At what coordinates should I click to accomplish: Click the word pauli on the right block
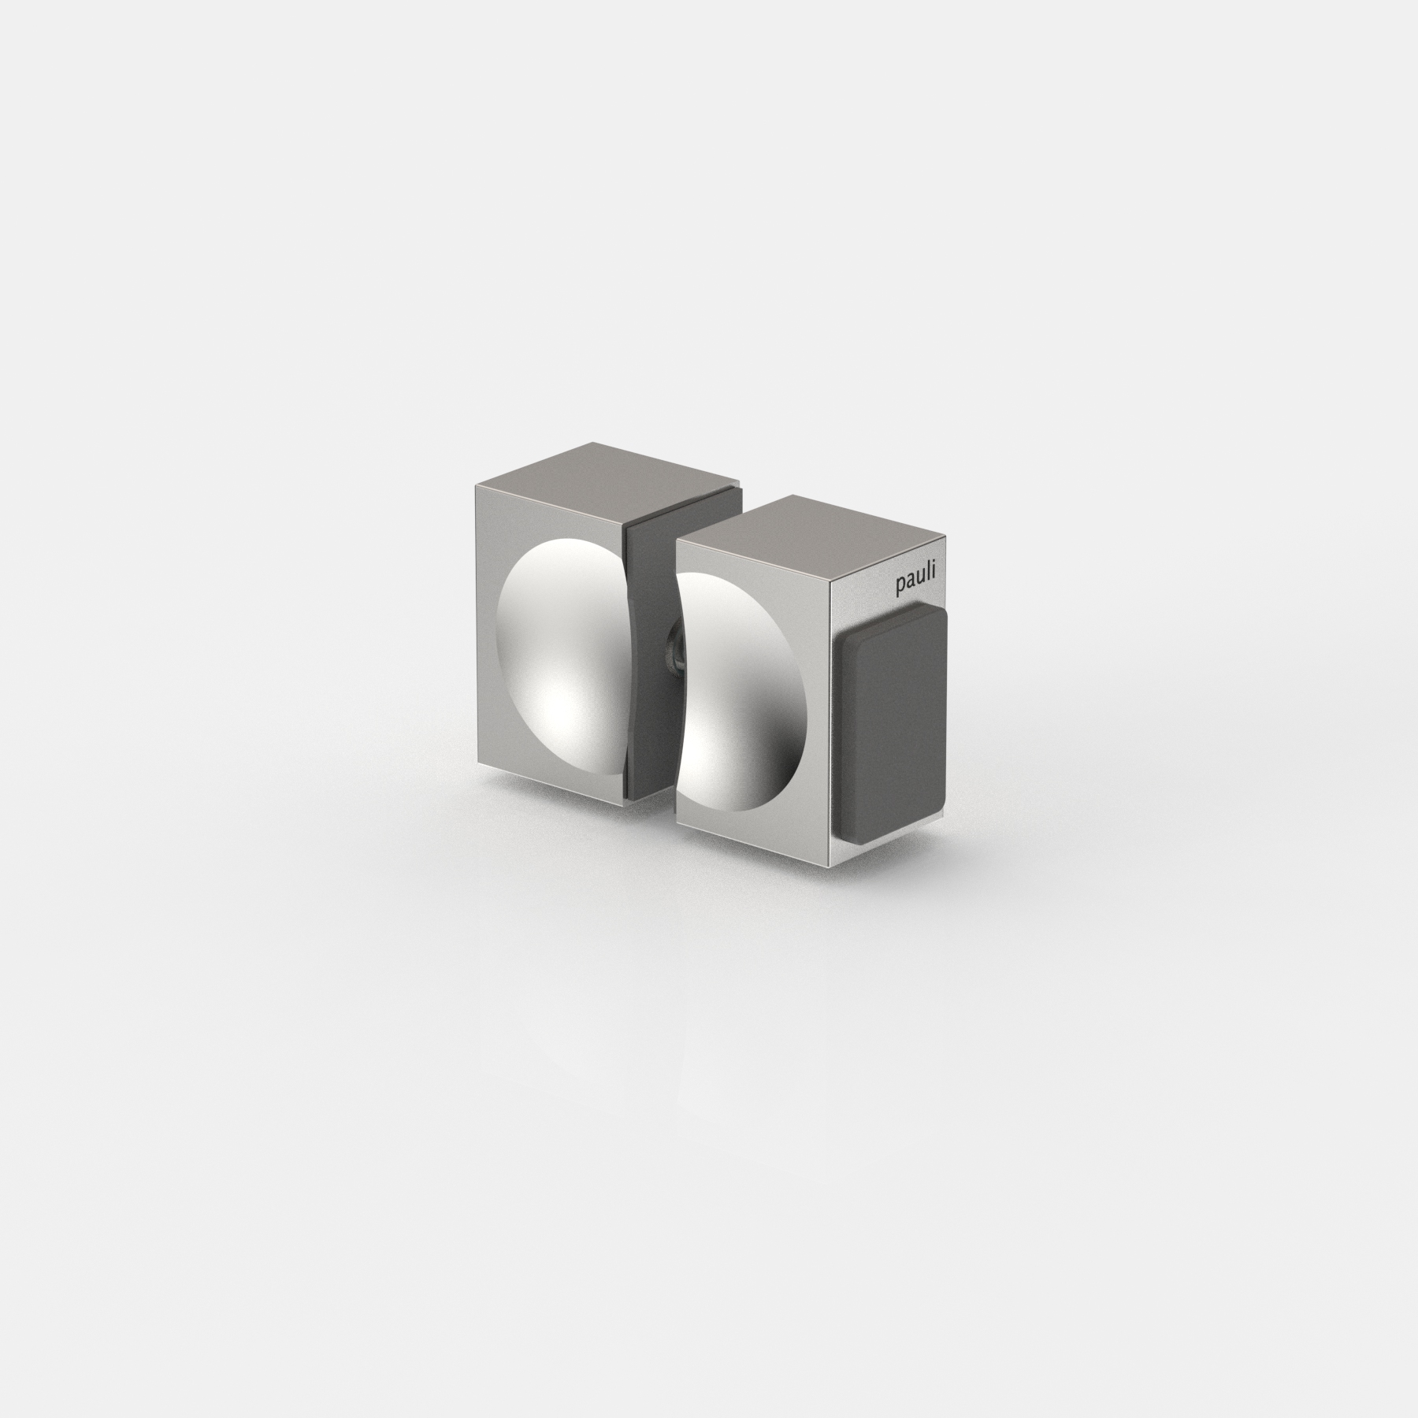(x=918, y=585)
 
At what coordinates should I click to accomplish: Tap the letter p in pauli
(x=900, y=588)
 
